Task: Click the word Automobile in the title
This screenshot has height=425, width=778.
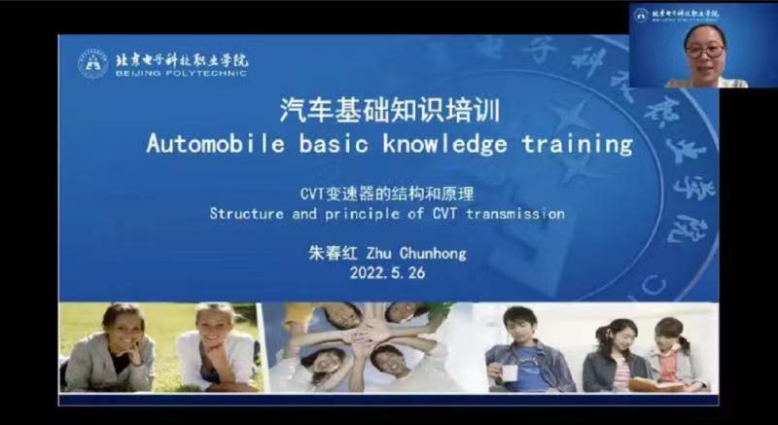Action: [201, 145]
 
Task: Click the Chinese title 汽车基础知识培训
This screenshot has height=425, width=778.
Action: [389, 111]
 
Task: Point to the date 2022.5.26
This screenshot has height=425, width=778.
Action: [387, 273]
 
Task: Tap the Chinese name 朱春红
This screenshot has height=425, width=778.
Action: [332, 254]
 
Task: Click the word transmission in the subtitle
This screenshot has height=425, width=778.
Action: [516, 213]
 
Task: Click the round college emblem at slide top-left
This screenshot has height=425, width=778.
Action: [93, 63]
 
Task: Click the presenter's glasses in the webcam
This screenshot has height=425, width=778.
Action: [704, 46]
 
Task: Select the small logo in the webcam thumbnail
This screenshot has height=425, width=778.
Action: [640, 15]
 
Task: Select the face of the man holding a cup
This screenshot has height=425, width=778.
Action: [518, 326]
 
